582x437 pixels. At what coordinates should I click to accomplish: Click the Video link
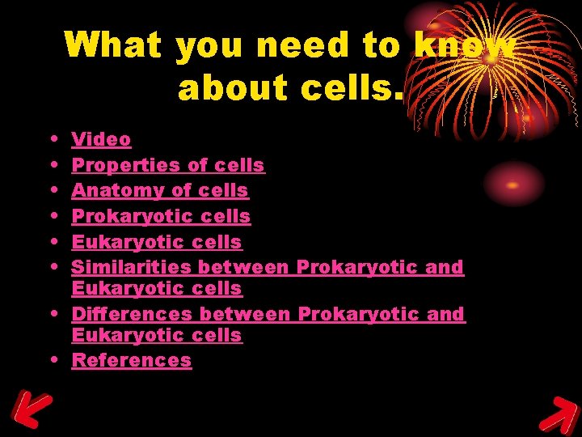tap(101, 139)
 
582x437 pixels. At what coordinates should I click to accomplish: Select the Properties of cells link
tap(168, 165)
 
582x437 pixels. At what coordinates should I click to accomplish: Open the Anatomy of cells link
tap(160, 191)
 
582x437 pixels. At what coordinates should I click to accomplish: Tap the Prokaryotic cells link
tap(161, 216)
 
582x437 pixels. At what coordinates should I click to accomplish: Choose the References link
tap(132, 360)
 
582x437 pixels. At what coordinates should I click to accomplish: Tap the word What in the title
tap(113, 45)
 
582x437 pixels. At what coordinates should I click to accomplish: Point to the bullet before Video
tap(52, 139)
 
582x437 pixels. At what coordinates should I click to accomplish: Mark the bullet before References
tap(52, 359)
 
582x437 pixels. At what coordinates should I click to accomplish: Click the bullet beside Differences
tap(52, 313)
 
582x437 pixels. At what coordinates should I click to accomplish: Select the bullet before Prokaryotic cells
tap(52, 216)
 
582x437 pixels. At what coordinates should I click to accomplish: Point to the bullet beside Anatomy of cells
tap(52, 191)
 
